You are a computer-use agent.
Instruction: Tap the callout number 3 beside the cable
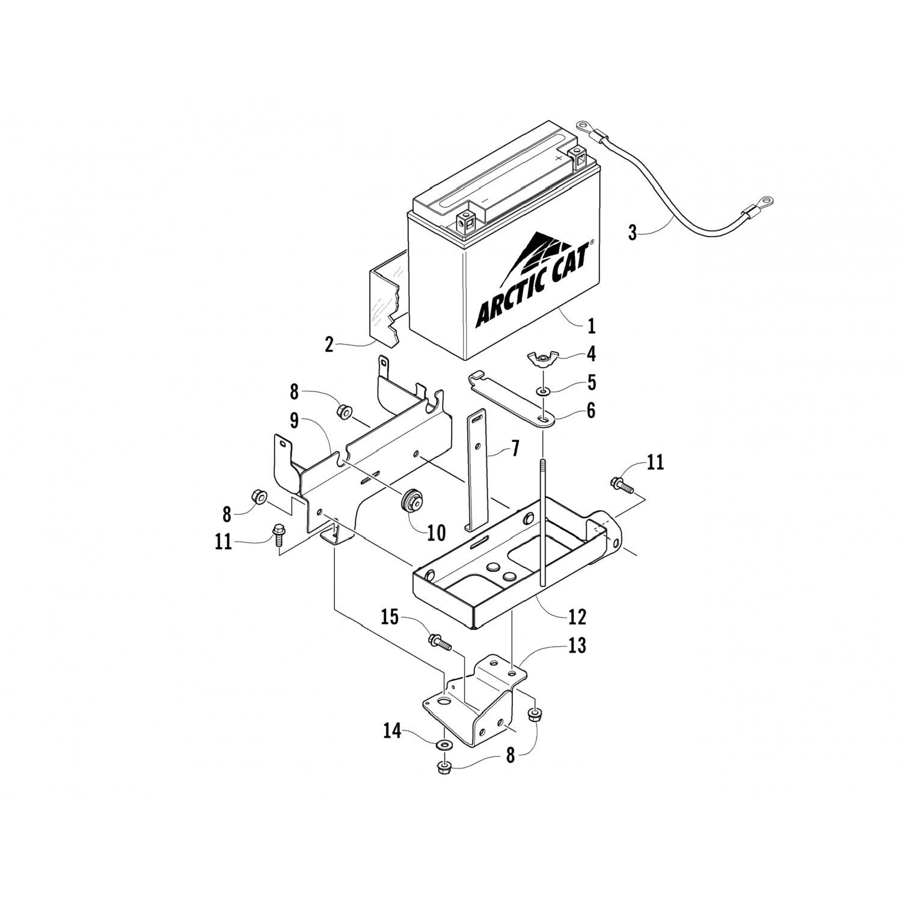[632, 233]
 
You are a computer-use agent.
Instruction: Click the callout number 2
[329, 345]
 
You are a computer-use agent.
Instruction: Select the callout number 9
[294, 422]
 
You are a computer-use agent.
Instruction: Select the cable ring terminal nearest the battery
[584, 126]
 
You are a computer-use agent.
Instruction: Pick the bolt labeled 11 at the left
[278, 533]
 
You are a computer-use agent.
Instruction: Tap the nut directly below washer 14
[444, 768]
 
